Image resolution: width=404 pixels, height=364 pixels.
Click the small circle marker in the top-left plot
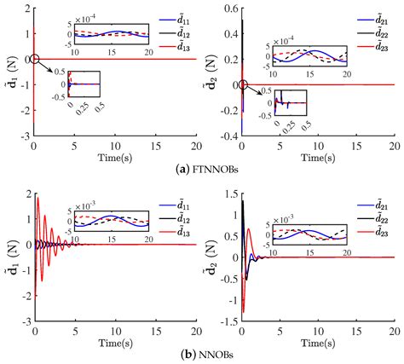click(35, 59)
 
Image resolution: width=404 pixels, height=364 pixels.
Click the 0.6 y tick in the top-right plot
click(229, 9)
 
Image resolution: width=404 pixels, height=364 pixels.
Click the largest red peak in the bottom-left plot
click(38, 198)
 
